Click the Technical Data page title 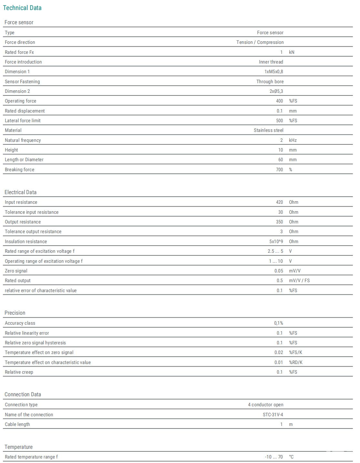(22, 8)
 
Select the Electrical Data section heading (20, 192)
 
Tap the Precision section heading (15, 313)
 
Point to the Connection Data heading (23, 394)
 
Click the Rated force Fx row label (19, 52)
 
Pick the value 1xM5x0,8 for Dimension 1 (274, 72)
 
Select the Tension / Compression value (260, 42)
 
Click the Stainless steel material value (268, 130)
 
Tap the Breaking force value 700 (279, 170)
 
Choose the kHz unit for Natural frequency (293, 140)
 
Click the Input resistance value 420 (279, 202)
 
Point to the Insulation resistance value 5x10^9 (276, 241)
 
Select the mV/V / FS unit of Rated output (299, 281)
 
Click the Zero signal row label (16, 271)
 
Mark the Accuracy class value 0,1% (278, 323)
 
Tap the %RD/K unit (295, 362)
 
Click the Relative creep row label (19, 372)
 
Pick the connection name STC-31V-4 (273, 415)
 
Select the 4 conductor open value (265, 405)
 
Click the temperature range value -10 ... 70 (274, 457)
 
